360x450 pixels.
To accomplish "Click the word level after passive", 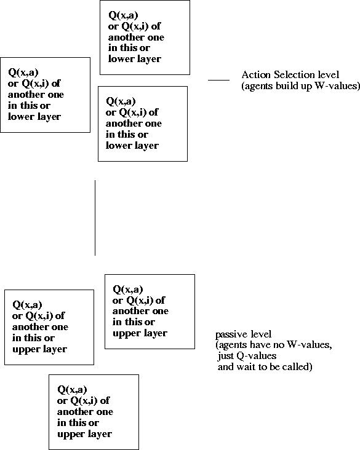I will (x=259, y=334).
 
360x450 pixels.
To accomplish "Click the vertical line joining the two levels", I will (x=95, y=218).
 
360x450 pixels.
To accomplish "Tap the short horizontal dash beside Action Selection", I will (x=218, y=80).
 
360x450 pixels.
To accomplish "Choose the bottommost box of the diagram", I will (x=94, y=412).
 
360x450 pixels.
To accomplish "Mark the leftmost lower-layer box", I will (x=45, y=95).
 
